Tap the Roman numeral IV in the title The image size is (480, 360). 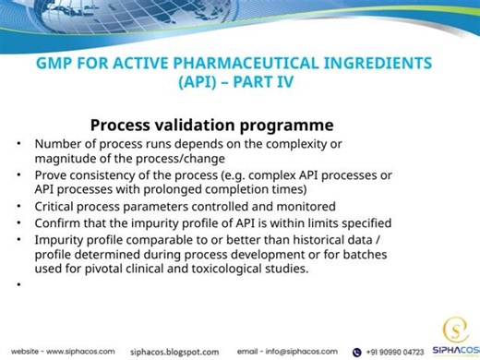click(307, 82)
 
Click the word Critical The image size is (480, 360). click(57, 206)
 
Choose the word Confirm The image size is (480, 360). click(61, 222)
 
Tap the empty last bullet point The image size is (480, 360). click(18, 285)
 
